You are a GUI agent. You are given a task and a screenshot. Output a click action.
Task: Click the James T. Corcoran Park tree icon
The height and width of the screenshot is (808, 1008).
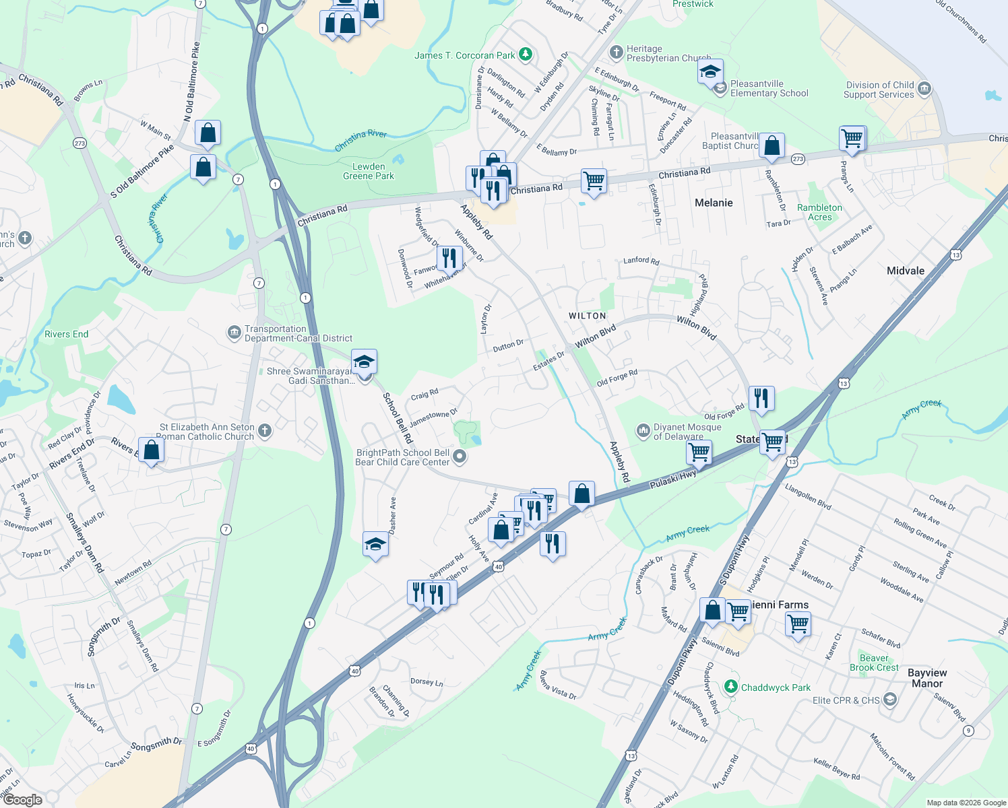point(526,55)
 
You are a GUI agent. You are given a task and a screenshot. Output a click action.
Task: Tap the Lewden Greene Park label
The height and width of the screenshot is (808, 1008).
point(369,171)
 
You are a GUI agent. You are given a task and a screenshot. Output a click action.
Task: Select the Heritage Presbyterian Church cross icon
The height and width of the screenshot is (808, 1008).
point(616,53)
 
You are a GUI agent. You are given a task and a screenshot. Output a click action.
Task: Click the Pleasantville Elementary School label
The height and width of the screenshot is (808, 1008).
point(769,89)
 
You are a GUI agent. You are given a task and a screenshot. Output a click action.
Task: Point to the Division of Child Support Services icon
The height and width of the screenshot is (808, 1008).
point(924,89)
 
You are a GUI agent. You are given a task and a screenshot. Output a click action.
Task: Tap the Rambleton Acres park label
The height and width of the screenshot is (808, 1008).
point(819,212)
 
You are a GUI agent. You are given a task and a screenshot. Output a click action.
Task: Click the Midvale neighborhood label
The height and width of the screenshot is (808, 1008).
point(905,271)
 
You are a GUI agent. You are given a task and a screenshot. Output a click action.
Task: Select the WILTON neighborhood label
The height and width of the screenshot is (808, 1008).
point(587,316)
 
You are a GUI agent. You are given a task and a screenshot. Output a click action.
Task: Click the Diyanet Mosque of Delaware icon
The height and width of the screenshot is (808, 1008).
point(643,430)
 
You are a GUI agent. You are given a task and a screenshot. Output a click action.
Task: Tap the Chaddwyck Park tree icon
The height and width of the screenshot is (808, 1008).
point(730,687)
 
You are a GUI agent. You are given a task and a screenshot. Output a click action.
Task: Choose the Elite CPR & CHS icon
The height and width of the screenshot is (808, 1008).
point(889,700)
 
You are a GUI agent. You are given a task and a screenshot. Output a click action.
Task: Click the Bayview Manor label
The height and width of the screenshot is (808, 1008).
point(927,678)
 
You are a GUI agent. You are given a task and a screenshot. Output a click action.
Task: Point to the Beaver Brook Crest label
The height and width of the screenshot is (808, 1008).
point(874,663)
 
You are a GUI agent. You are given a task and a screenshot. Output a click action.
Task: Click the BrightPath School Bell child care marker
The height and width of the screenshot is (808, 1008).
point(460,457)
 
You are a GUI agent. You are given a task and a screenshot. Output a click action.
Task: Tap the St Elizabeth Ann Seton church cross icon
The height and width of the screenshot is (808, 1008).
point(265,431)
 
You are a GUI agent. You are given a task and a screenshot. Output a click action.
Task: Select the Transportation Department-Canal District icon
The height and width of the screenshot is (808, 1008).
point(234,332)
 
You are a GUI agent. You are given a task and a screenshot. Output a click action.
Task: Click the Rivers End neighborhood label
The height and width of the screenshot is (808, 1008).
point(66,334)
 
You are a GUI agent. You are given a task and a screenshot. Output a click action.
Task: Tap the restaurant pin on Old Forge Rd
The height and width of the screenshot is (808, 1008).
point(761,398)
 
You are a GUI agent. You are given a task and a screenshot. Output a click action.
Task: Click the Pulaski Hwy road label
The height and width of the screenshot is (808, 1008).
point(672,479)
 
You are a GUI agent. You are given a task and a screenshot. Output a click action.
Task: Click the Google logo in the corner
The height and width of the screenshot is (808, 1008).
point(23,800)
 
